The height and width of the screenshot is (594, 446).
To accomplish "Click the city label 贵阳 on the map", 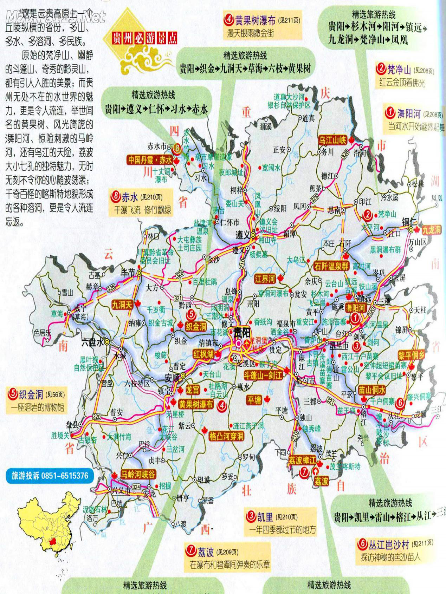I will point(242,332).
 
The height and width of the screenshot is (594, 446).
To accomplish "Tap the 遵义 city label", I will point(243,235).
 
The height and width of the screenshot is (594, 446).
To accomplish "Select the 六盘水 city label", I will point(92,342).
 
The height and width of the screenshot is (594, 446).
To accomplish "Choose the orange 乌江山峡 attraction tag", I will point(332,140).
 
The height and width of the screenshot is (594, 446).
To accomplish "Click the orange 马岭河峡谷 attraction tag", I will point(138,475).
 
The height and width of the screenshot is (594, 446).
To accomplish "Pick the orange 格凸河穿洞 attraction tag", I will point(226,437).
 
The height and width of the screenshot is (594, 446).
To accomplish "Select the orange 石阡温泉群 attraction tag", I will point(331,266).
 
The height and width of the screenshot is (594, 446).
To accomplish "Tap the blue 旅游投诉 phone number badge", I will point(50,476).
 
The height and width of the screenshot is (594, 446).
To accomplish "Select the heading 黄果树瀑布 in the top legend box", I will point(255,20).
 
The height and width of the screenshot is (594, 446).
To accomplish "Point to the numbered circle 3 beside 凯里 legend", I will point(251,516).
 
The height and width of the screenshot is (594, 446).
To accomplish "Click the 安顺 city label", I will point(172,378).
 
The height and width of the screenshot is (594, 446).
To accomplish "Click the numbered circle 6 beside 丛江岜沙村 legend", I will point(362,544).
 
